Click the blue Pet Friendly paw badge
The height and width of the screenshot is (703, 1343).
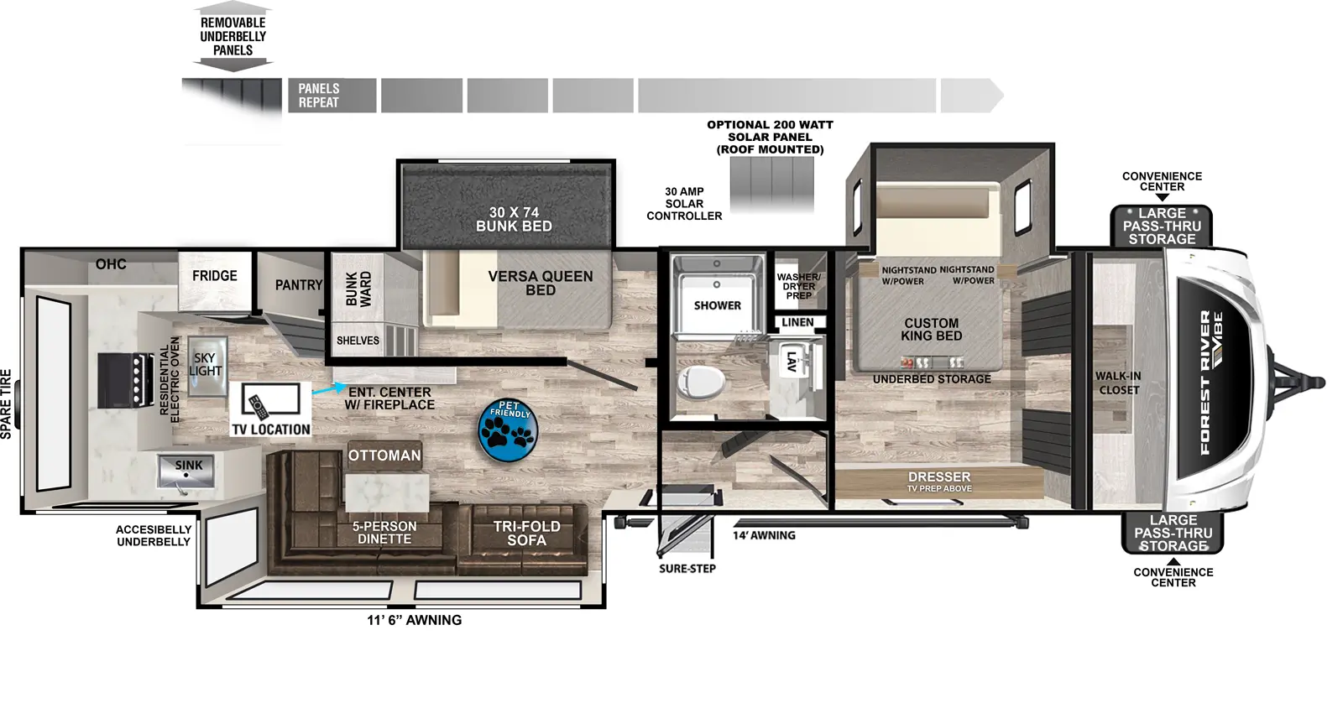(x=509, y=430)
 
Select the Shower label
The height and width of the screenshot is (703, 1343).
(x=717, y=305)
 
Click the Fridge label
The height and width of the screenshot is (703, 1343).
(x=214, y=276)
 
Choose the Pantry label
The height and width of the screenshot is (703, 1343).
(x=298, y=285)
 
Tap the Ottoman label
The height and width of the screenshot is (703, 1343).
(x=384, y=456)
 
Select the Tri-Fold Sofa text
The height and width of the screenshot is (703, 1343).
(x=526, y=534)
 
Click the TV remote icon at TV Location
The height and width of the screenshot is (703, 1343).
(x=258, y=406)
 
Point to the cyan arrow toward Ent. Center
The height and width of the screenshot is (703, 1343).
(x=327, y=390)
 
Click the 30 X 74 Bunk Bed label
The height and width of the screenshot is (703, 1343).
(x=514, y=220)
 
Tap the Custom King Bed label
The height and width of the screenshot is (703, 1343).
(x=931, y=330)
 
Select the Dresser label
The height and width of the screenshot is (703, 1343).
(x=938, y=477)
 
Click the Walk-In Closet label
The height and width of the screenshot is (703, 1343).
(x=1117, y=383)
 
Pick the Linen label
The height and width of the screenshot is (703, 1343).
(x=797, y=322)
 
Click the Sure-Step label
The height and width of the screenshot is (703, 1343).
(x=687, y=569)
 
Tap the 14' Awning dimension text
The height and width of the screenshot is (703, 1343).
(x=763, y=535)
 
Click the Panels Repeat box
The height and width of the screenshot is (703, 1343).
(x=332, y=96)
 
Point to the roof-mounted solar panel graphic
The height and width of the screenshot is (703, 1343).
(x=771, y=185)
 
